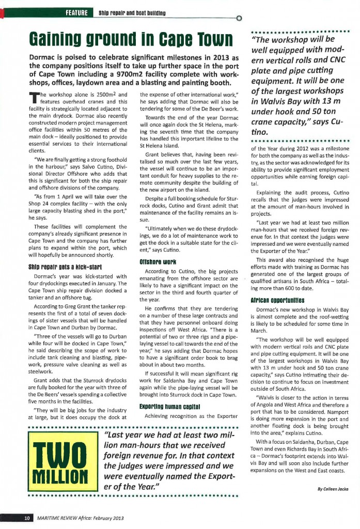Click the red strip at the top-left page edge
click(2, 12)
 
